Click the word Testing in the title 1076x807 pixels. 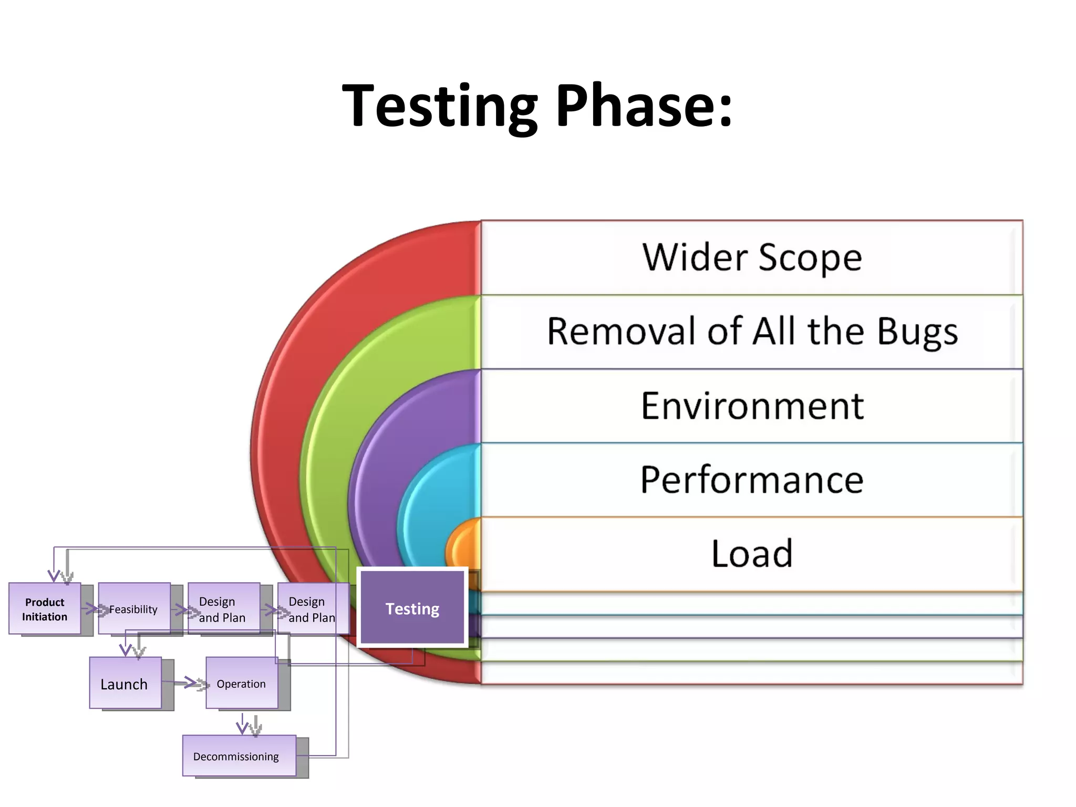(440, 107)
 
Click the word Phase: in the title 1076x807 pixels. (644, 107)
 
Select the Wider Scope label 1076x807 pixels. (751, 257)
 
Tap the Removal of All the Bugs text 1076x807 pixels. (751, 332)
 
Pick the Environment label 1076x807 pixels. (751, 406)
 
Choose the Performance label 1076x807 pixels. (751, 480)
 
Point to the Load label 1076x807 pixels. (751, 554)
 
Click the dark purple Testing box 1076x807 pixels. (412, 608)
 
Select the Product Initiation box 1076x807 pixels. (45, 609)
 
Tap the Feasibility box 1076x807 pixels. (134, 609)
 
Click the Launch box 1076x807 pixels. (125, 684)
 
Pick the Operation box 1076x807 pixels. (241, 684)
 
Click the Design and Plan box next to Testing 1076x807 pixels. (312, 609)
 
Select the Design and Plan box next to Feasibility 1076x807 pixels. (223, 609)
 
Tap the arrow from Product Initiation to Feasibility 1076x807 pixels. (90, 609)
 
